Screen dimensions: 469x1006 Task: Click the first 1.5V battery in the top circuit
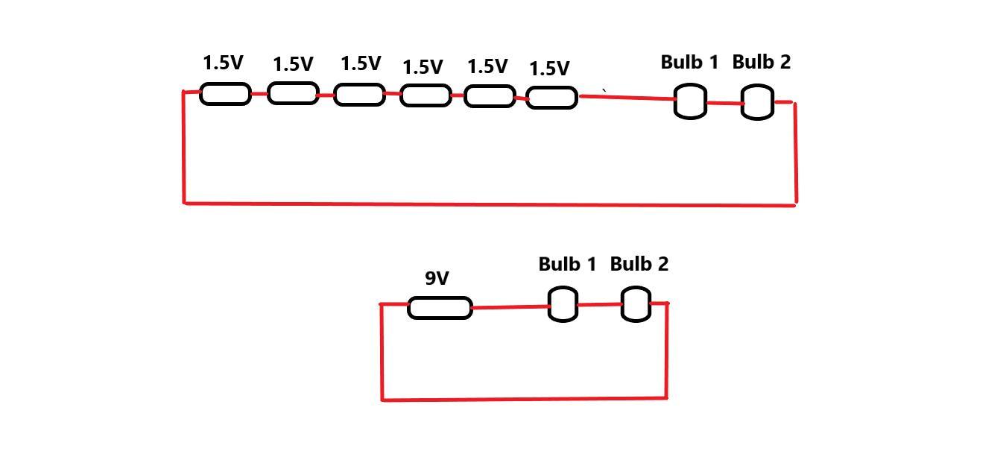click(x=225, y=93)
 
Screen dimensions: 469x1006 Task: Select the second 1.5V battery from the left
click(x=293, y=93)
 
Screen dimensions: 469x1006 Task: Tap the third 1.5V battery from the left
click(x=359, y=95)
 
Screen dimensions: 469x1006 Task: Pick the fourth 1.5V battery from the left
click(x=426, y=95)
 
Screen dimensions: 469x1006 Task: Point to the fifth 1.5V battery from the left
click(x=490, y=96)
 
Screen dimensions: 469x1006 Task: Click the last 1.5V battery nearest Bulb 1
click(x=551, y=98)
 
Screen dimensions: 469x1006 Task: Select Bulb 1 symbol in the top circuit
click(x=690, y=101)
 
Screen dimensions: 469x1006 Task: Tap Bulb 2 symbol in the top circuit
click(x=758, y=102)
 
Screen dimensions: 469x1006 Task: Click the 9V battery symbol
click(x=440, y=307)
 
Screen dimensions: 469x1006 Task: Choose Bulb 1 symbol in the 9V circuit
click(x=563, y=304)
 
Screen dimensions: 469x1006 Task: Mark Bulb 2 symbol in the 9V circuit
click(x=636, y=304)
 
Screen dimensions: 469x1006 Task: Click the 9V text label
click(x=437, y=279)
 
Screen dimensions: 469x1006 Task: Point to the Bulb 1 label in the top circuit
click(x=689, y=63)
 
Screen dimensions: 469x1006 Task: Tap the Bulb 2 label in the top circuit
click(x=761, y=63)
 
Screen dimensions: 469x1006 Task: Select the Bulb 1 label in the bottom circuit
click(x=567, y=264)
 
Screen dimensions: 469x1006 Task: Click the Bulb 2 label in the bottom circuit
click(x=639, y=264)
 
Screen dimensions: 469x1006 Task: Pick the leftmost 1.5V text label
click(x=223, y=63)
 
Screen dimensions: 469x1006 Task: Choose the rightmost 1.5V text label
click(x=549, y=69)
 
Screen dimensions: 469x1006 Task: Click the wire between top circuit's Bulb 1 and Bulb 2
click(x=724, y=103)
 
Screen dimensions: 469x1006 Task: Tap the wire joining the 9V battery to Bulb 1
click(x=510, y=306)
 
